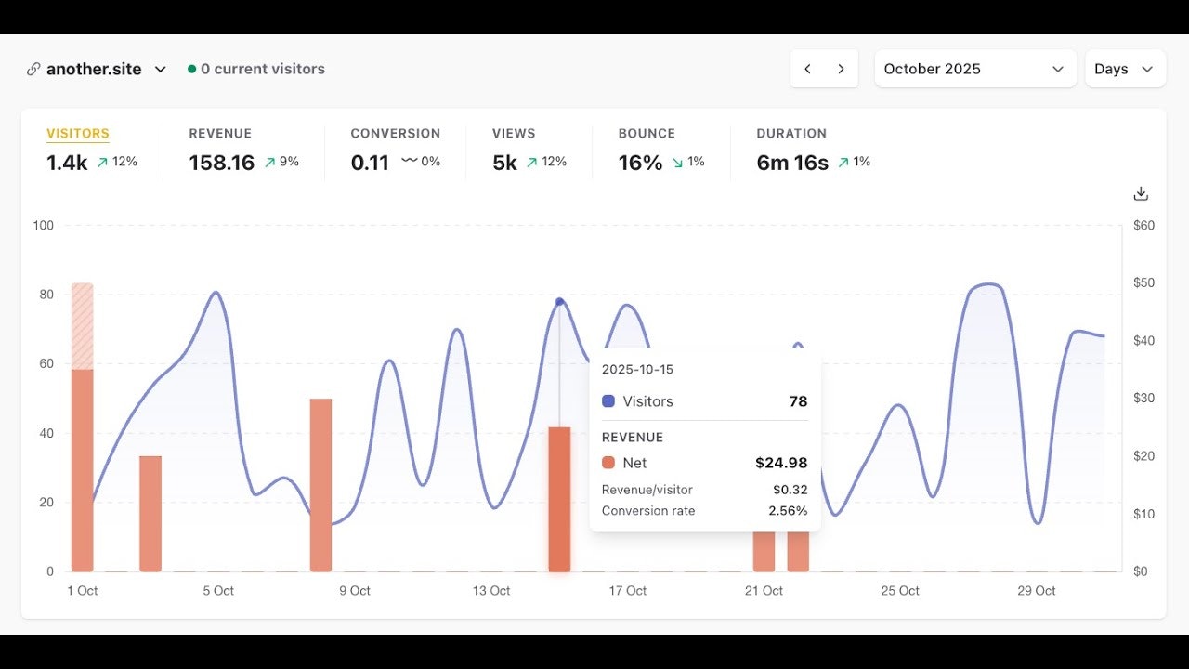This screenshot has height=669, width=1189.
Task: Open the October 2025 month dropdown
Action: pyautogui.click(x=974, y=69)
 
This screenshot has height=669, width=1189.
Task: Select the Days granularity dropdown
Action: pyautogui.click(x=1124, y=69)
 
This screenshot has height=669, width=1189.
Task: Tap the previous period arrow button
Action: pyautogui.click(x=807, y=69)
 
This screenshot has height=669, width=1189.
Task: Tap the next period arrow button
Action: pyautogui.click(x=841, y=69)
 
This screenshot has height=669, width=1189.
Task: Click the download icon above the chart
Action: pyautogui.click(x=1141, y=193)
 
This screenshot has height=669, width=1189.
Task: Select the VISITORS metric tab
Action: pyautogui.click(x=78, y=134)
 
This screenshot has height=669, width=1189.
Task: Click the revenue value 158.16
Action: pyautogui.click(x=221, y=163)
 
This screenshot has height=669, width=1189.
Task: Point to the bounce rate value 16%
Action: pyautogui.click(x=640, y=163)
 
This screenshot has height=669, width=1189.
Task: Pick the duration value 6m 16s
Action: pyautogui.click(x=791, y=163)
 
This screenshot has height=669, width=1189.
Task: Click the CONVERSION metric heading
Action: pyautogui.click(x=395, y=134)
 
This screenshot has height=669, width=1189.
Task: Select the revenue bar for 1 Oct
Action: pyautogui.click(x=83, y=465)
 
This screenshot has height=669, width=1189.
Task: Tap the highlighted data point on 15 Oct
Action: pyautogui.click(x=559, y=302)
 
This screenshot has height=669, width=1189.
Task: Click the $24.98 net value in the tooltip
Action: pyautogui.click(x=780, y=463)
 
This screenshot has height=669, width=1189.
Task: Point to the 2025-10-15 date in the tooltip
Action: pyautogui.click(x=637, y=369)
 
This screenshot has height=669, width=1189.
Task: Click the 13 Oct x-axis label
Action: pyautogui.click(x=490, y=591)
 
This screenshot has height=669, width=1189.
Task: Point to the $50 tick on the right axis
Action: pyautogui.click(x=1143, y=283)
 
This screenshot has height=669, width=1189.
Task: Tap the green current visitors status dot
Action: pyautogui.click(x=191, y=69)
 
